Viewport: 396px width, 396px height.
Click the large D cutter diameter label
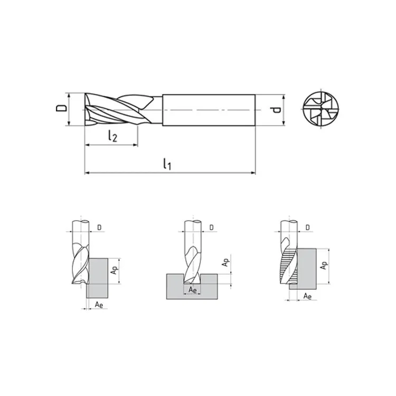click(x=62, y=109)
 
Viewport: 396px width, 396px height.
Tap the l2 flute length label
click(x=112, y=136)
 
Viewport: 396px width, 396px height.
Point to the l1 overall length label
click(x=167, y=164)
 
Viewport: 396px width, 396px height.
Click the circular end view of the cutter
click(x=320, y=110)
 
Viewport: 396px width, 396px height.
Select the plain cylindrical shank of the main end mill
click(x=209, y=110)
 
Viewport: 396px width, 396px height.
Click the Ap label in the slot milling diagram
click(x=225, y=262)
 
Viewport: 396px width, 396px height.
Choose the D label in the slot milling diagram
click(x=211, y=228)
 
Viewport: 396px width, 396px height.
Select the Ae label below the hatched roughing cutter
click(x=307, y=297)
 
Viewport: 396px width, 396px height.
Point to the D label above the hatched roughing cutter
click(x=308, y=228)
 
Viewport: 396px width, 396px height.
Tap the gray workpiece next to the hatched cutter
click(x=306, y=267)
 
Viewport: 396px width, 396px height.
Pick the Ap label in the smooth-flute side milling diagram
click(x=114, y=270)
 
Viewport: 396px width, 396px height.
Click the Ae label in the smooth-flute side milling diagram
click(x=98, y=305)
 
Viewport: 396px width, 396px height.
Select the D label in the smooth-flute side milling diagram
click(x=100, y=228)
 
